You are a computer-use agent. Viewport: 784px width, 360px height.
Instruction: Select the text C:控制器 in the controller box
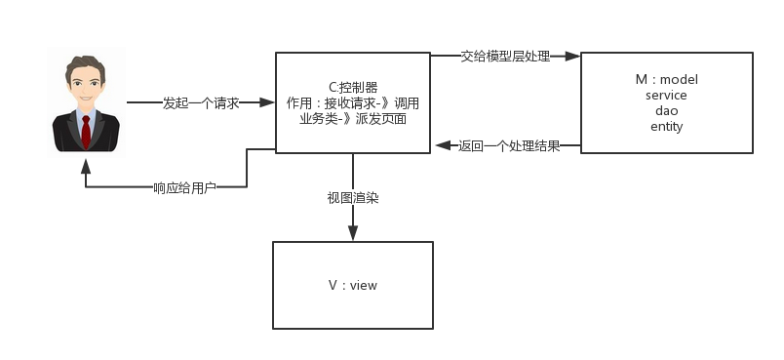[x=353, y=87]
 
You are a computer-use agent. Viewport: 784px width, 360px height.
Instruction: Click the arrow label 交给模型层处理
[x=505, y=57]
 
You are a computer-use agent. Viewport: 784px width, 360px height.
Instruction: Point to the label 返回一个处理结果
[x=509, y=146]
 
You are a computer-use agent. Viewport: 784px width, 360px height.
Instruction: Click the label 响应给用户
[x=184, y=187]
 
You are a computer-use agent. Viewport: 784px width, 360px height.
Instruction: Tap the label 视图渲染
[x=353, y=198]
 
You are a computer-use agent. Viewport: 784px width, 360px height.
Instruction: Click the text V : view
[x=353, y=285]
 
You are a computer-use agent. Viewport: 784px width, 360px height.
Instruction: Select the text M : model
[x=666, y=80]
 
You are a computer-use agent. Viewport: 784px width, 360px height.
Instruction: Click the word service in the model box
[x=666, y=96]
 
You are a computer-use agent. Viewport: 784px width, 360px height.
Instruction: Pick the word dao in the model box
[x=666, y=111]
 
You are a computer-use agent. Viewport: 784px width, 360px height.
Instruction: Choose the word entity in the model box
[x=666, y=127]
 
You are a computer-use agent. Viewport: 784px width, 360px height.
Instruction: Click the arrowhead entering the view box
[x=353, y=233]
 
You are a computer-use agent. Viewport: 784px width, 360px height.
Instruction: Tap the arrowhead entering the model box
[x=572, y=57]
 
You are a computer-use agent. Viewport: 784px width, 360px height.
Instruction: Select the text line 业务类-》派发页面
[x=353, y=118]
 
